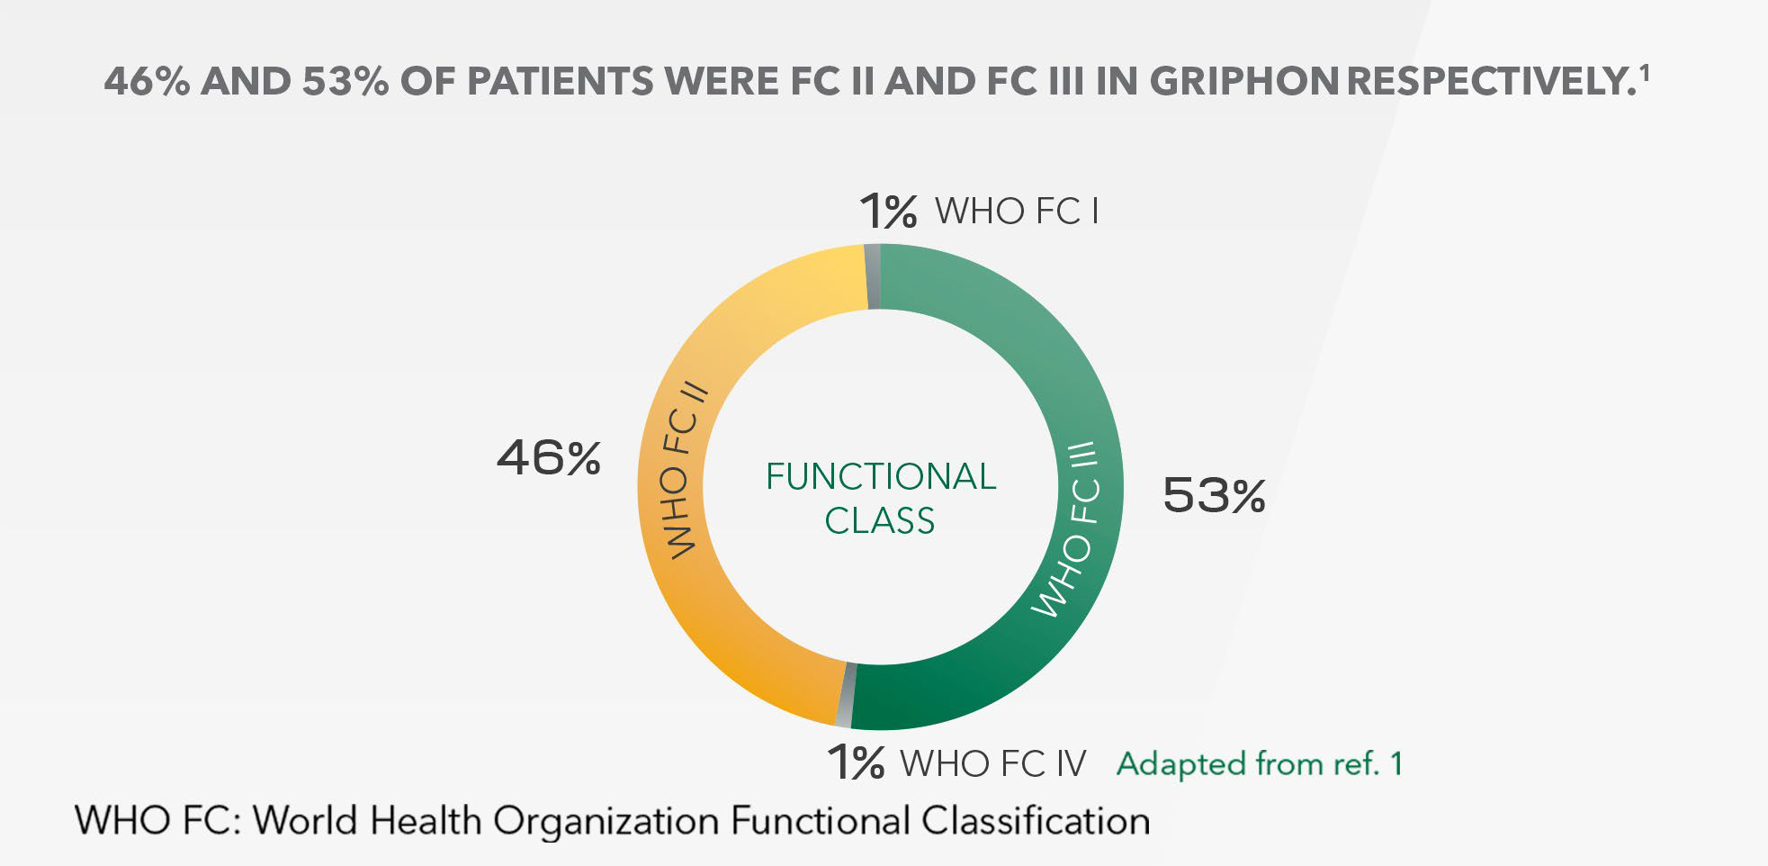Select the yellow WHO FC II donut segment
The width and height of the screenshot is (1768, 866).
coord(670,486)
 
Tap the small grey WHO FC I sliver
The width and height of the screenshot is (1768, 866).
coord(872,275)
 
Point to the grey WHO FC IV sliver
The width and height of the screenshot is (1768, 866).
coord(845,695)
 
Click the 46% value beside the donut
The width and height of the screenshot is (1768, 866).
coord(549,458)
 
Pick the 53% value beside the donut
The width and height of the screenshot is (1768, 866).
coord(1214,495)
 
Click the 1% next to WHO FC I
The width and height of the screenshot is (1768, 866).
coord(888,212)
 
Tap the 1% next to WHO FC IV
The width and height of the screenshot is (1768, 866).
coord(856,762)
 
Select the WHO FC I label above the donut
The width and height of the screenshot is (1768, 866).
coord(1017,212)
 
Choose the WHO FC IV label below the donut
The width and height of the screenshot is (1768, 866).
coord(993,763)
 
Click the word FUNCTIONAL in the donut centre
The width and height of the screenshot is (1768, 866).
coord(881,476)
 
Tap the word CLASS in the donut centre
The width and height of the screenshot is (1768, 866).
coord(880,520)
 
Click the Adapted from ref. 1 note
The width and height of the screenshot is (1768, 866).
coord(1260,763)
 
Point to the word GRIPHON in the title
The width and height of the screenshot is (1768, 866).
coord(1245,83)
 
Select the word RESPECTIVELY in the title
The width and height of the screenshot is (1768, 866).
coord(1488,83)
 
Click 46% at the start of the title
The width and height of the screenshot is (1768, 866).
coord(147,83)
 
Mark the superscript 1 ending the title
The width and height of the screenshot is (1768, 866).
coord(1644,74)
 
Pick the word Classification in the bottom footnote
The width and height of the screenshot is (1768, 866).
coord(1036,821)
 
